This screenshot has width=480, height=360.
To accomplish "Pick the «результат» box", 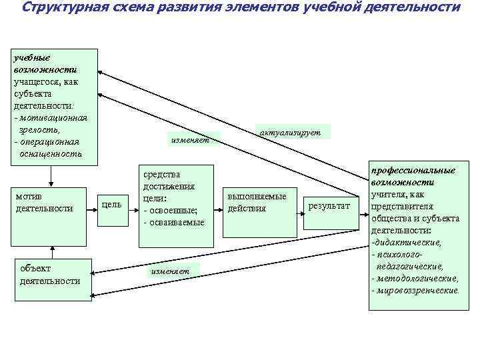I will (x=329, y=207).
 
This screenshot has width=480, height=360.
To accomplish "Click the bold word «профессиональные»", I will (x=413, y=170).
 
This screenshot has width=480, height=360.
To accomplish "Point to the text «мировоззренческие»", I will (x=417, y=291).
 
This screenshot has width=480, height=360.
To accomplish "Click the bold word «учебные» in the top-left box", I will (x=31, y=57).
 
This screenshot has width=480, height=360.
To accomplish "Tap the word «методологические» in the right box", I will (x=418, y=279).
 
